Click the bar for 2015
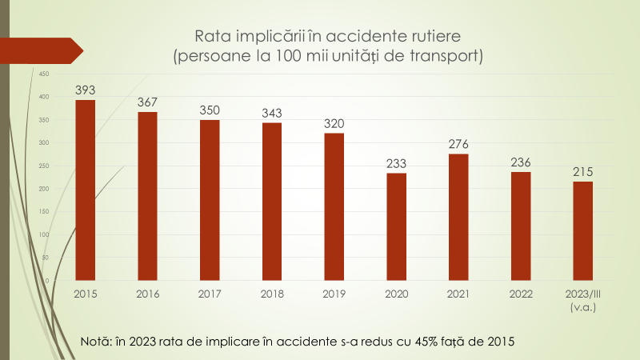click(x=86, y=190)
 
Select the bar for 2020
click(x=397, y=226)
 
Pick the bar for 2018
click(x=272, y=201)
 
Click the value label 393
click(x=86, y=90)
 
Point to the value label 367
click(x=147, y=102)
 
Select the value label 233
click(x=397, y=163)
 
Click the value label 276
click(x=458, y=144)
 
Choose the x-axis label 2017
click(x=210, y=294)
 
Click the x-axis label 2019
click(x=334, y=294)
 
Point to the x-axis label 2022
click(x=521, y=294)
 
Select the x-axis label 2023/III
click(x=583, y=294)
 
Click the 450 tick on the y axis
click(x=44, y=74)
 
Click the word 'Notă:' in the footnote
click(x=99, y=342)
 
